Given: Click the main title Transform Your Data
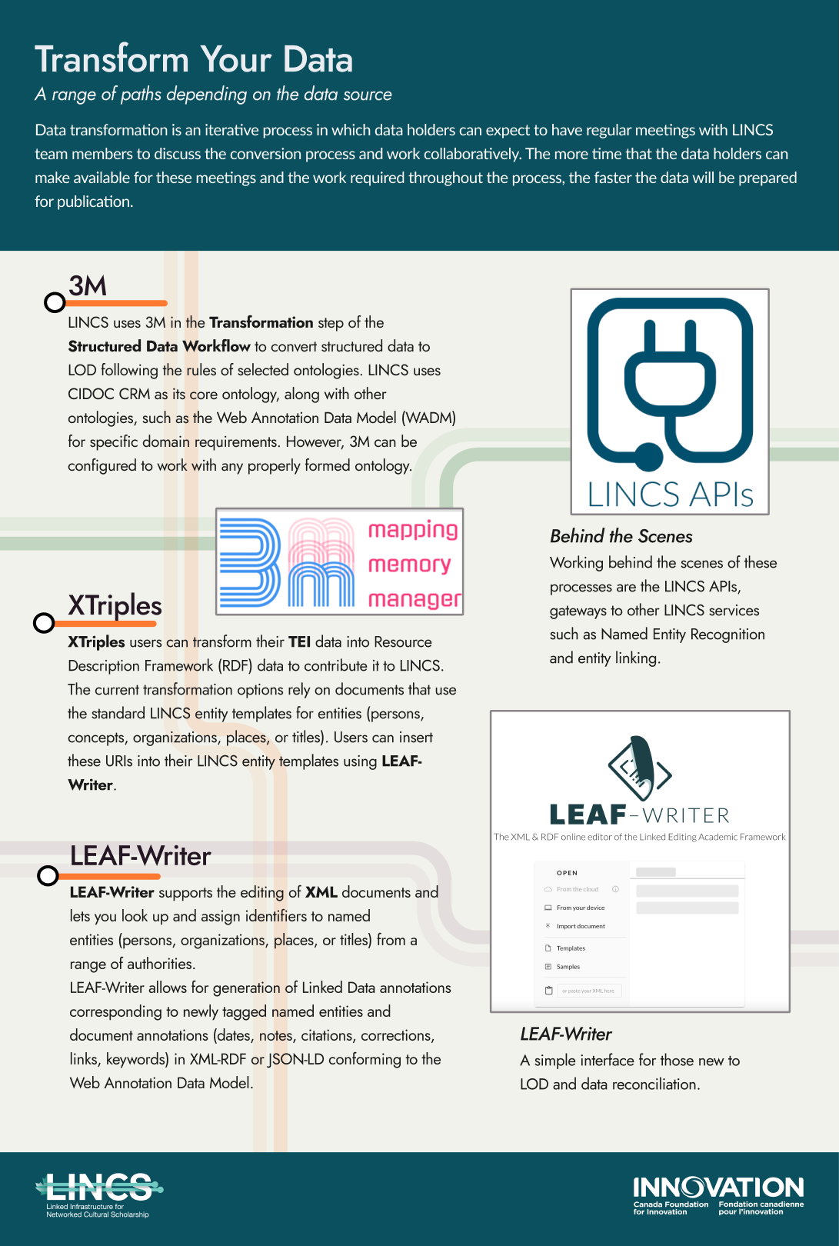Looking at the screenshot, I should point(194,60).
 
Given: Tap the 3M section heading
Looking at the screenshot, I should point(88,286).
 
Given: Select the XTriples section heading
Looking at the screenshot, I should point(115,605).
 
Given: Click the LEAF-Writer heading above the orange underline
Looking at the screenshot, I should point(140,856).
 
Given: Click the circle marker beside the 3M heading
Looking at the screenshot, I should point(55,302).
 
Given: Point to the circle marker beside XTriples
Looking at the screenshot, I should point(44,622).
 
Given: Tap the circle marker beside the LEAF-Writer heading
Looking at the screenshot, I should point(48,875).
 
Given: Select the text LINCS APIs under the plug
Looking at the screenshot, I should point(670,495).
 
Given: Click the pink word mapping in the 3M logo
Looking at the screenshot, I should point(413,530).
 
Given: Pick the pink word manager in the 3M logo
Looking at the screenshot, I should point(415,598).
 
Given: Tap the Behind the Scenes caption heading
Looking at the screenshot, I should point(621,537).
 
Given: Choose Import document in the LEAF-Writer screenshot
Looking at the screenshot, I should point(580,926).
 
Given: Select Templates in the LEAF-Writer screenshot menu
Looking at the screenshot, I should point(571,948).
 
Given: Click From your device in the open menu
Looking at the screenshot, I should point(580,908).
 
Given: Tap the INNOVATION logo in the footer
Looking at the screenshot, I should point(718,1194).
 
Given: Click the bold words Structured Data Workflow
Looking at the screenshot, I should point(159,346).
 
